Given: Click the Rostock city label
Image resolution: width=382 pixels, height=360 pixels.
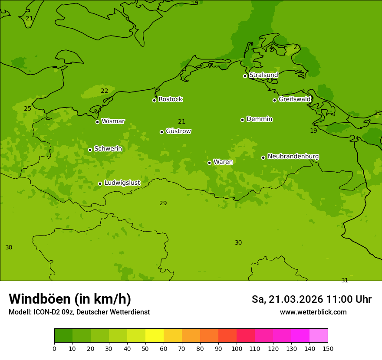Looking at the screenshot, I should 170,99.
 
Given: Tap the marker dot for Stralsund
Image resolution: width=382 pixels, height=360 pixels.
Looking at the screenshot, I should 245,76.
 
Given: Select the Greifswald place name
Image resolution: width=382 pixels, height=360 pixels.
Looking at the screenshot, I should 294,99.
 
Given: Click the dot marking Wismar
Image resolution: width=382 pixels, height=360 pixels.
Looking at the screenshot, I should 97,122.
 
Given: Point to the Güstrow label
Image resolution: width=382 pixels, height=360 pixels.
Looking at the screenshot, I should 178,131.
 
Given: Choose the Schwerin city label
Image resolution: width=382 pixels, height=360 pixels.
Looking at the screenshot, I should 108,149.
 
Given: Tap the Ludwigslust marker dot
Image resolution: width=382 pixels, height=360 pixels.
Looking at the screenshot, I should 100,183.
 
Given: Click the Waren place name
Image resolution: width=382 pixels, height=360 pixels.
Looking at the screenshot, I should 223,162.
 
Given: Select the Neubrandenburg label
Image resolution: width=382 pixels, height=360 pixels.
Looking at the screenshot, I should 293,156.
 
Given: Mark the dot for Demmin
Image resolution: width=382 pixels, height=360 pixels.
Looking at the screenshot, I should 242,120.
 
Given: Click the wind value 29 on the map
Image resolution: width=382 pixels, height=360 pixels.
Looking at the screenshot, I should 163,203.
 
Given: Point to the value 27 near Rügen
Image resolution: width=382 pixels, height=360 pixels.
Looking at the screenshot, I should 297,47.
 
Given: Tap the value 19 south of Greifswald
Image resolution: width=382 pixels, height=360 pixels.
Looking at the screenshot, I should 313,131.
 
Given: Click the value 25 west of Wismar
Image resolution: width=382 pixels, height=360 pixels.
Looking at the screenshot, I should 27,108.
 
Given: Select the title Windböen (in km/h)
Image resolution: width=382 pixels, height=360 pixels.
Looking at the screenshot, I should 70,299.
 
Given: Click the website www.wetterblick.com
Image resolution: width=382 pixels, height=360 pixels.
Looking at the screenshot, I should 313,312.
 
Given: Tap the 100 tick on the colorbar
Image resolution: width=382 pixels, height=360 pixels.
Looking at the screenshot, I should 237,348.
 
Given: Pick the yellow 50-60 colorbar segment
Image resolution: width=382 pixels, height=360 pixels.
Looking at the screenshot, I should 155,336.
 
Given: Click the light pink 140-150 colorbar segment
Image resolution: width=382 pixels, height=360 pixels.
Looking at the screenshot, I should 319,336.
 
